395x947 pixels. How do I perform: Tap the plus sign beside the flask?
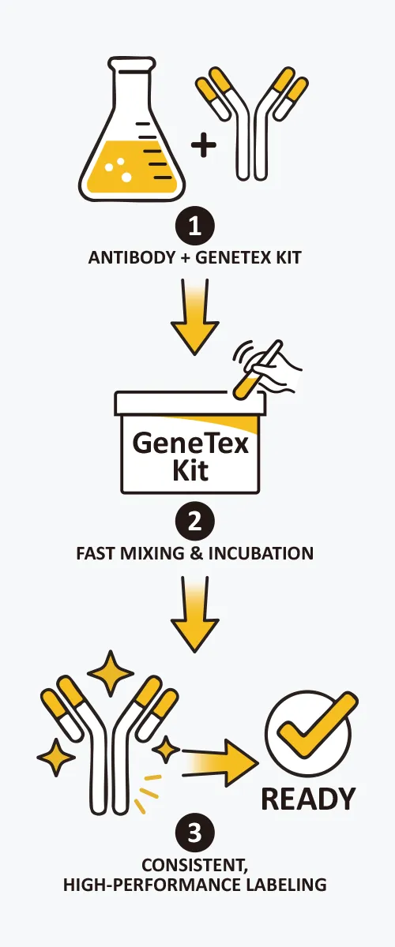coord(204,144)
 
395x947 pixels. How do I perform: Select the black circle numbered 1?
coord(195,226)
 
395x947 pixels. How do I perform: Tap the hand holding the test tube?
coord(275,369)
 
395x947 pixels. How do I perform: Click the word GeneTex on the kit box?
coord(190,444)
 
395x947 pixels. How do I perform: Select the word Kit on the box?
coord(191,470)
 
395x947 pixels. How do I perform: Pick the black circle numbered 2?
coord(195,522)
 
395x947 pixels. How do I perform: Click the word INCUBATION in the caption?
coord(261,553)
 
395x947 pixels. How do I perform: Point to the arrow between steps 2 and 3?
coord(195,614)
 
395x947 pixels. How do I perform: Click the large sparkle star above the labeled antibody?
coord(111,673)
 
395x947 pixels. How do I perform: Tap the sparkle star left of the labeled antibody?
coord(56,757)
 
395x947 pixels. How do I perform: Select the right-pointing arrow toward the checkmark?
coord(220,764)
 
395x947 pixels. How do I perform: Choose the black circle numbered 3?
coord(195,833)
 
